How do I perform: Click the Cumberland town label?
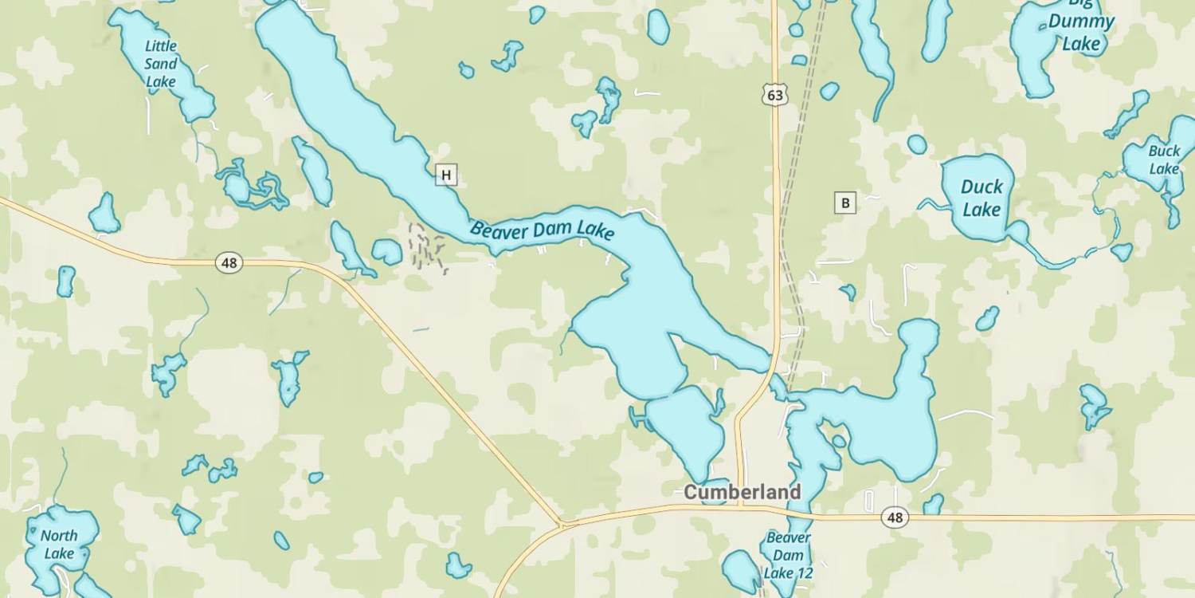[x=742, y=492]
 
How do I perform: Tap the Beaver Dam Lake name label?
[x=542, y=230]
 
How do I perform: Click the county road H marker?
[x=446, y=175]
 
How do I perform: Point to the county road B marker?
[x=844, y=203]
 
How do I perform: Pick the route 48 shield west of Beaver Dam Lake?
[x=229, y=262]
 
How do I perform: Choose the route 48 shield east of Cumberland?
[x=895, y=518]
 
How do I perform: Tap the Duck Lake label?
[x=981, y=198]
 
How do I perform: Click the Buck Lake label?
[x=1164, y=159]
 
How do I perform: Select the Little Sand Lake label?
[x=160, y=64]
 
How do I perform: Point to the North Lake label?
[x=59, y=544]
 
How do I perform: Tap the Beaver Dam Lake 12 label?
[x=788, y=555]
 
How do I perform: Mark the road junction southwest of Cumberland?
[x=562, y=525]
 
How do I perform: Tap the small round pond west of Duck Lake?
[x=917, y=144]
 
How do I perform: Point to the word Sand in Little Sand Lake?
[x=160, y=64]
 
